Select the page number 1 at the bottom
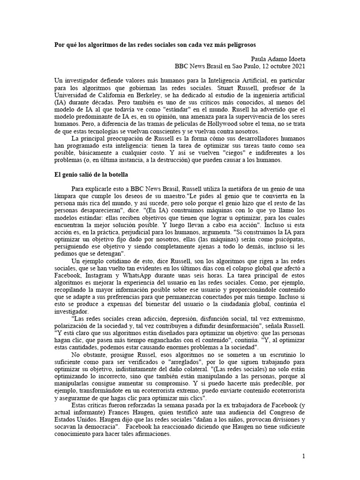(x=304, y=456)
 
